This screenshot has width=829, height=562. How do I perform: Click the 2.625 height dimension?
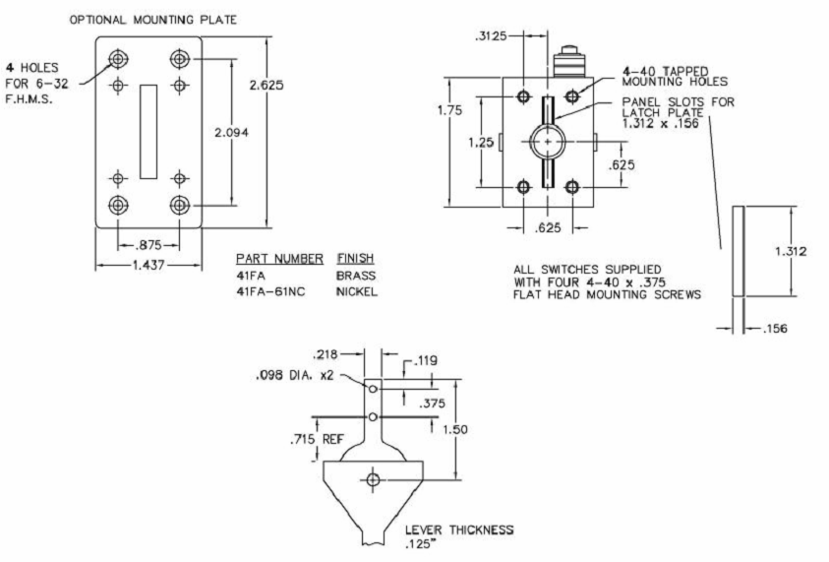click(266, 85)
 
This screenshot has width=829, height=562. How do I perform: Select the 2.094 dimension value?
click(231, 132)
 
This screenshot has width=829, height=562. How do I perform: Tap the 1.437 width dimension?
click(148, 265)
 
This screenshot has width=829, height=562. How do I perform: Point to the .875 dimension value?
click(148, 245)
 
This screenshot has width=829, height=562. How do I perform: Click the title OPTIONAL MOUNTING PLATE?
click(153, 20)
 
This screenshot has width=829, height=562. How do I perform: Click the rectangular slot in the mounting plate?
click(148, 132)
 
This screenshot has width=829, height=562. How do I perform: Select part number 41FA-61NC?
click(270, 291)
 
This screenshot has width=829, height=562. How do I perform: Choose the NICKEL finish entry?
click(357, 291)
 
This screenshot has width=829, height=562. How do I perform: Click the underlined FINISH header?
click(355, 258)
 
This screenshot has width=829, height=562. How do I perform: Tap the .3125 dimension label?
click(491, 36)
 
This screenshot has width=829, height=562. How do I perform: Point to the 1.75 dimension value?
click(450, 110)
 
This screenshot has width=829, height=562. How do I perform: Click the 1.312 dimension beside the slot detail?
click(791, 251)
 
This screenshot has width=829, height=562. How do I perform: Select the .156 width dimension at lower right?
click(775, 329)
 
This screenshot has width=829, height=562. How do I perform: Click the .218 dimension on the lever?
click(326, 354)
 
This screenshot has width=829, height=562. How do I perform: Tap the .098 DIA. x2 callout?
click(295, 375)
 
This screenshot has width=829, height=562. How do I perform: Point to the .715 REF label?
click(318, 439)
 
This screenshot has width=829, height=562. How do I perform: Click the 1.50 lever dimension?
click(455, 429)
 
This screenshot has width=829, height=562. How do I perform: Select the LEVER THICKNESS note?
click(459, 536)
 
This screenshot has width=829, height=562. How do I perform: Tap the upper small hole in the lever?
click(373, 389)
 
